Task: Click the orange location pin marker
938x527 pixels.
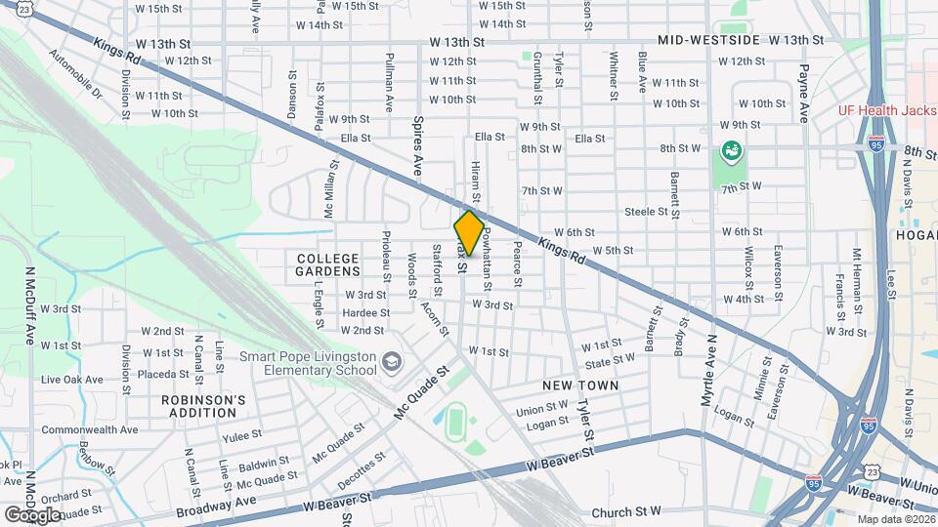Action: click(469, 232)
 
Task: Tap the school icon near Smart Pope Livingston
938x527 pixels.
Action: click(391, 363)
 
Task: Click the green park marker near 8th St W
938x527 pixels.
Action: click(730, 151)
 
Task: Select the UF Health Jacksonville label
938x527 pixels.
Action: click(887, 110)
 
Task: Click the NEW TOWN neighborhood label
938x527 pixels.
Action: click(581, 386)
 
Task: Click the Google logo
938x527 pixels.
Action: click(32, 514)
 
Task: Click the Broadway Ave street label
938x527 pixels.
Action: click(216, 506)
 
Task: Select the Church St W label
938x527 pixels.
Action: click(626, 511)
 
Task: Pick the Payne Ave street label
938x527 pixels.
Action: click(804, 93)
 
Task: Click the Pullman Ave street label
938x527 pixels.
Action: click(389, 81)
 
